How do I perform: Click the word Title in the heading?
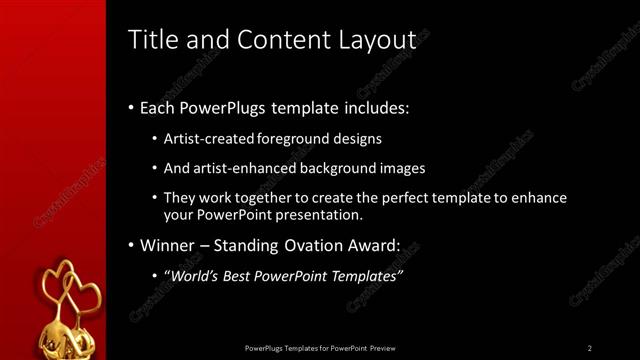tap(153, 40)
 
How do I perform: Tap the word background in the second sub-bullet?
tap(347, 168)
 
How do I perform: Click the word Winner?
tap(168, 245)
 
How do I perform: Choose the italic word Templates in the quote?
tap(364, 275)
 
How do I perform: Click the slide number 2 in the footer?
tap(590, 348)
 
